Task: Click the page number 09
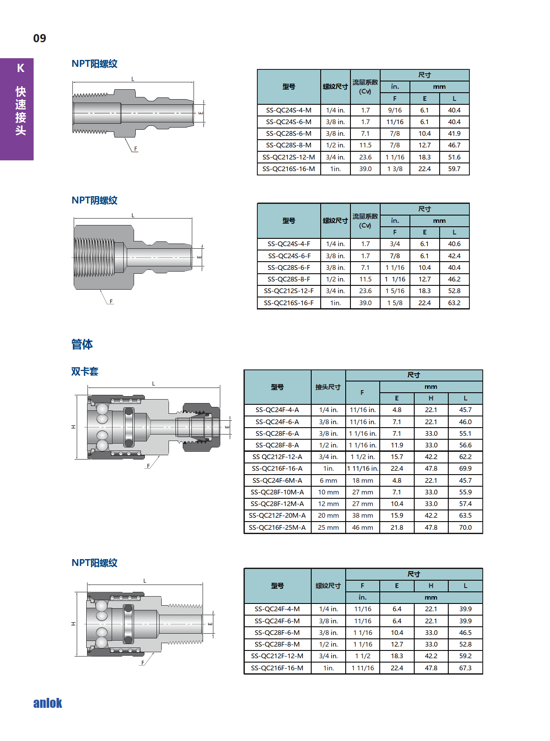point(40,38)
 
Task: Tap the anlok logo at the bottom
point(47,703)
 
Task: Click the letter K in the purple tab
point(21,68)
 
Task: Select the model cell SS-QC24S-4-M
point(289,110)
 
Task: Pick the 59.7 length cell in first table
point(454,169)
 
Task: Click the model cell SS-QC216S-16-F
point(289,303)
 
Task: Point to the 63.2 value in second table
point(454,303)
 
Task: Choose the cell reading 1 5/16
point(395,291)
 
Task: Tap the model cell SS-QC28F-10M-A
point(277,492)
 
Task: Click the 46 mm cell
point(362,528)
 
